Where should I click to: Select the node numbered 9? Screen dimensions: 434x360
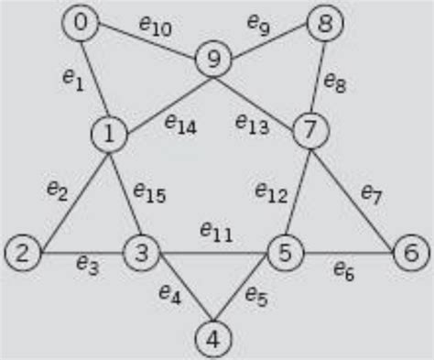click(x=212, y=60)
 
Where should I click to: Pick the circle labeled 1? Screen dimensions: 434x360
click(x=108, y=135)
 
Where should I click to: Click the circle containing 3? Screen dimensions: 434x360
click(x=141, y=249)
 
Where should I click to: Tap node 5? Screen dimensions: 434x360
click(x=285, y=250)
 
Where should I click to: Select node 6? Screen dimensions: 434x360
click(x=408, y=250)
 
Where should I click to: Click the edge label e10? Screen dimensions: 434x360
click(x=157, y=27)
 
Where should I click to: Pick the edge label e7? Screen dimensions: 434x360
click(x=370, y=193)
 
